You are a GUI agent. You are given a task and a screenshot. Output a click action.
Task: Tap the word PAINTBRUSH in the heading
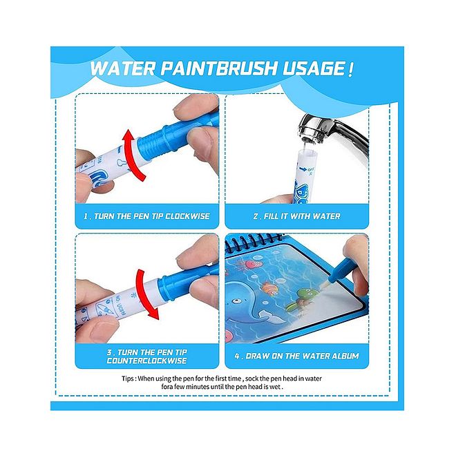click(207, 69)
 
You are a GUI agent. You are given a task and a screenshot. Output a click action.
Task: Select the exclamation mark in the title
click(352, 69)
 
